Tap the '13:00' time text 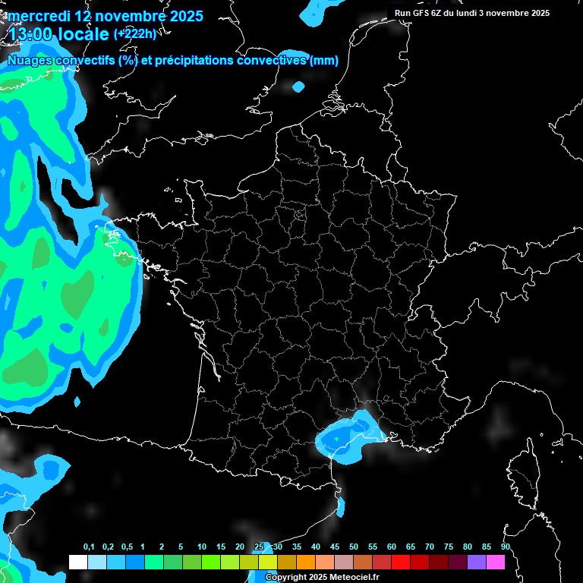point(30,34)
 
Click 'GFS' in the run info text point(421,13)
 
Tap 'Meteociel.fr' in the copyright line point(355,578)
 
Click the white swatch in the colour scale point(77,562)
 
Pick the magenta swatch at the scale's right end point(496,562)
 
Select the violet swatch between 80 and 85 point(477,562)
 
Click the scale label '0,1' point(88,547)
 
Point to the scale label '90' point(505,547)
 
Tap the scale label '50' point(354,547)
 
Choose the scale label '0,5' point(126,547)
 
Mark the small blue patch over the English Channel point(298,87)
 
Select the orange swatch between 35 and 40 point(306,562)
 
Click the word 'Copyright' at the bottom point(285,578)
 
